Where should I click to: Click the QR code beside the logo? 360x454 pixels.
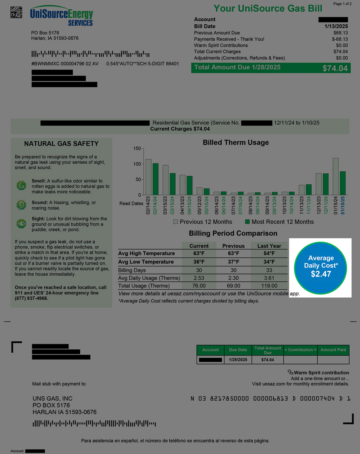click(x=16, y=12)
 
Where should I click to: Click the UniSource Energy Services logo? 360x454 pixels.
click(x=62, y=16)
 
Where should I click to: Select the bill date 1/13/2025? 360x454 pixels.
click(x=336, y=26)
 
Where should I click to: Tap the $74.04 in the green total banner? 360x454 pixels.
click(x=335, y=68)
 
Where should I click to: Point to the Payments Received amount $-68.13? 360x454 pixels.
click(x=340, y=39)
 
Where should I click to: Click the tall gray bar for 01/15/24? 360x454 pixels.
click(x=336, y=176)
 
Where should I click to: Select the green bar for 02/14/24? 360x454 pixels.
click(x=156, y=179)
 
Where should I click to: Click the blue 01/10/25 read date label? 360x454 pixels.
click(x=343, y=205)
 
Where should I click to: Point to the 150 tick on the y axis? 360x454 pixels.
click(x=137, y=148)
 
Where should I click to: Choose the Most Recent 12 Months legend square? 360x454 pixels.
click(x=247, y=222)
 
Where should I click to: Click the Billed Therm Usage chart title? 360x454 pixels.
click(x=236, y=142)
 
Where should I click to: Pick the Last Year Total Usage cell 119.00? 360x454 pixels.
click(x=269, y=286)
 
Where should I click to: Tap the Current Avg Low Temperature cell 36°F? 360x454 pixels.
click(x=199, y=262)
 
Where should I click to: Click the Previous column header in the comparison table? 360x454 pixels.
click(x=233, y=246)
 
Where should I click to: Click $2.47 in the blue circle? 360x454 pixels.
click(x=321, y=274)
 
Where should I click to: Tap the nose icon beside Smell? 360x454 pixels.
click(x=21, y=185)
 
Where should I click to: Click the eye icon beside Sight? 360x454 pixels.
click(x=21, y=224)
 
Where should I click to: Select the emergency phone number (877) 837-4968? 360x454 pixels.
click(x=31, y=298)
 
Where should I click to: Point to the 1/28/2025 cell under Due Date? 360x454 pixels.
click(x=238, y=360)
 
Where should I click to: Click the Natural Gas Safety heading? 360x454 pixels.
click(x=61, y=144)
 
